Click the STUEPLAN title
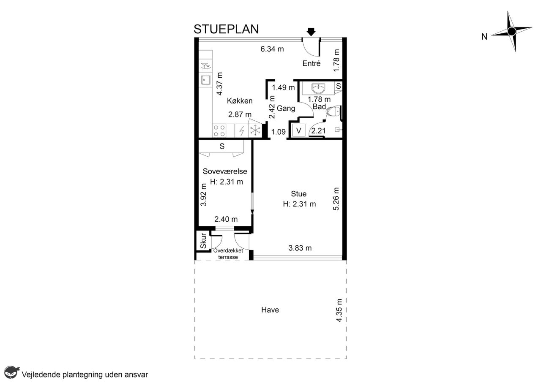pyautogui.click(x=226, y=29)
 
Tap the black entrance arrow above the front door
pyautogui.click(x=311, y=32)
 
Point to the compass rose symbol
pyautogui.click(x=511, y=31)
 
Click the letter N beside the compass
pyautogui.click(x=484, y=37)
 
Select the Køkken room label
pyautogui.click(x=240, y=101)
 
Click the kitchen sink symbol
pyautogui.click(x=205, y=80)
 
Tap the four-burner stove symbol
pyautogui.click(x=219, y=131)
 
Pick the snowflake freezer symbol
pyautogui.click(x=255, y=131)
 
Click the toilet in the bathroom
pyautogui.click(x=333, y=111)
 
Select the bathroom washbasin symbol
pyautogui.click(x=319, y=88)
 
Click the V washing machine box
pyautogui.click(x=298, y=130)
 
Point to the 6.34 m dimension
pyautogui.click(x=272, y=49)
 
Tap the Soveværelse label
pyautogui.click(x=225, y=171)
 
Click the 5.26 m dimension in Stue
pyautogui.click(x=336, y=199)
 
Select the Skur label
pyautogui.click(x=203, y=241)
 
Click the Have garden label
pyautogui.click(x=270, y=310)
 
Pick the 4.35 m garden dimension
pyautogui.click(x=339, y=310)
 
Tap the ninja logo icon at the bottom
pyautogui.click(x=12, y=372)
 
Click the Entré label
pyautogui.click(x=311, y=63)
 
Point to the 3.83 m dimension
pyautogui.click(x=300, y=248)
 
